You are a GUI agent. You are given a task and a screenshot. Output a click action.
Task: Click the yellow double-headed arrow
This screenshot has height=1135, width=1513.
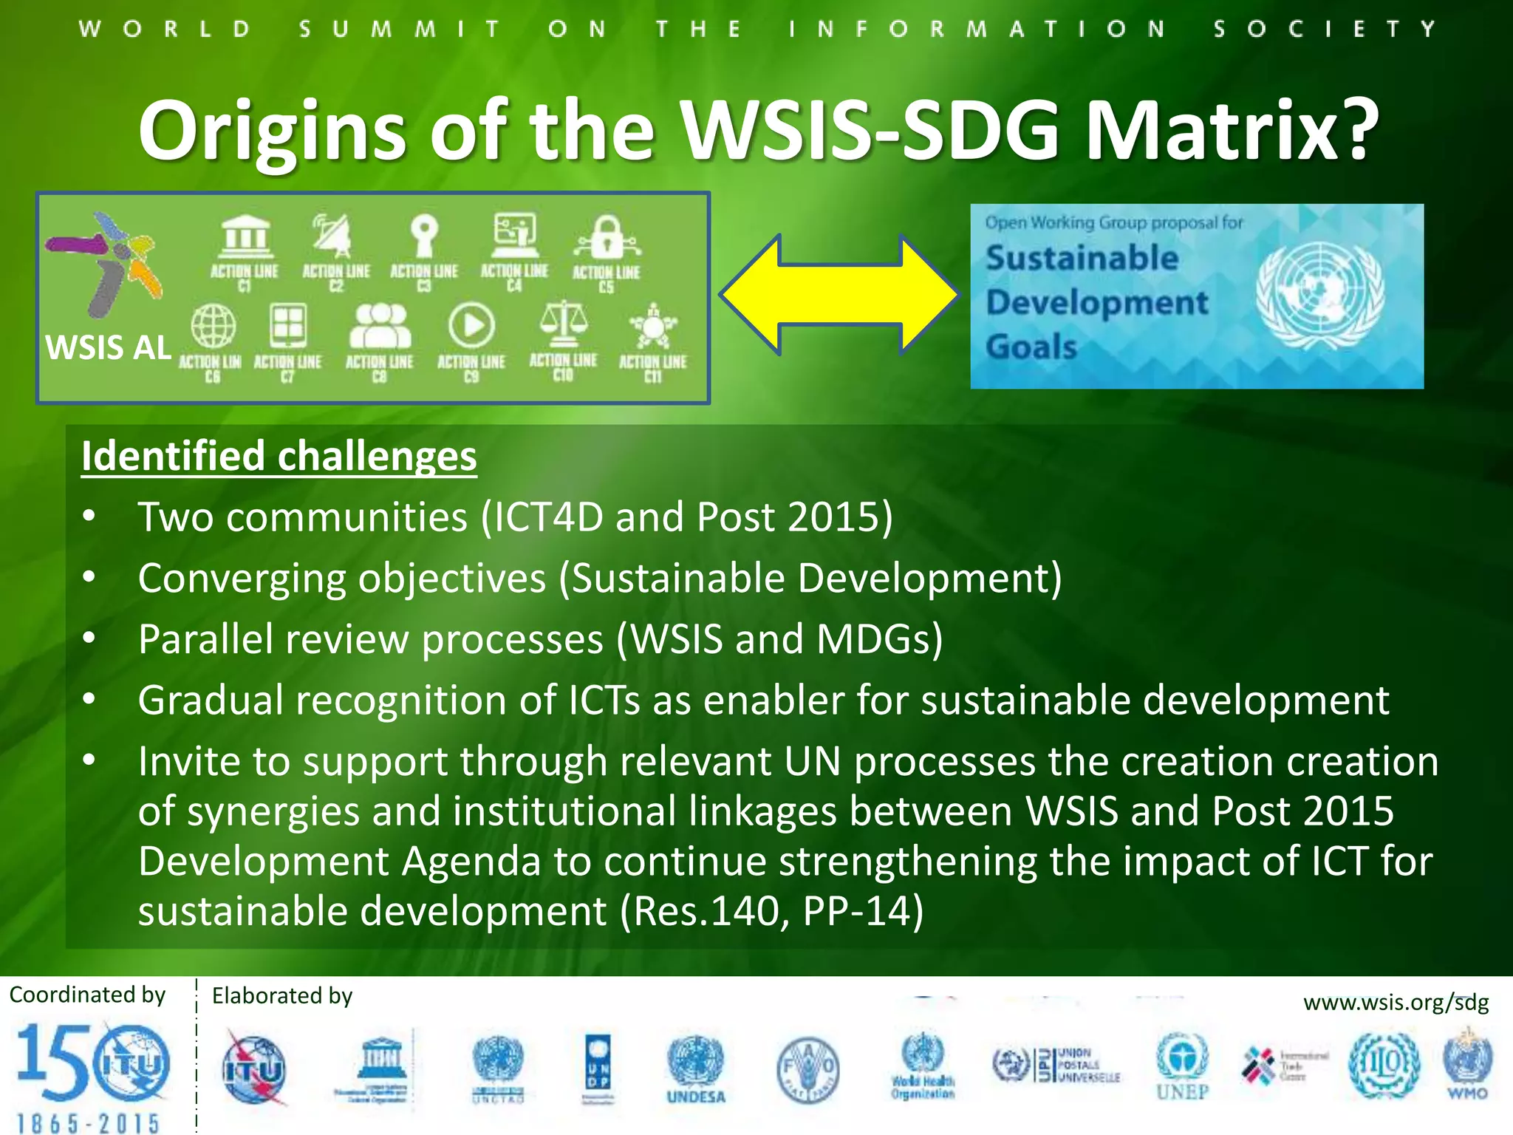(839, 295)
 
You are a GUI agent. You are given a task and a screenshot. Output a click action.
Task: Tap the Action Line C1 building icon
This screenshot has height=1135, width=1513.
(245, 236)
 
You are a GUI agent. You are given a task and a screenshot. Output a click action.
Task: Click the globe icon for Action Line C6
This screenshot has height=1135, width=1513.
(214, 325)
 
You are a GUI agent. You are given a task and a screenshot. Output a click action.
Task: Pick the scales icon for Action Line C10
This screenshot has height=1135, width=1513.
(564, 324)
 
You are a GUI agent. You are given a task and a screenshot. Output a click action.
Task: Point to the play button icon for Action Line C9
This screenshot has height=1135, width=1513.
(471, 325)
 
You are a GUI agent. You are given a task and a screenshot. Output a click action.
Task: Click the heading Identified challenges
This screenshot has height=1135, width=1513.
(279, 456)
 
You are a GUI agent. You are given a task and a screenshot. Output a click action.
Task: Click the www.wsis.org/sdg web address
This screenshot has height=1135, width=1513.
(1396, 1003)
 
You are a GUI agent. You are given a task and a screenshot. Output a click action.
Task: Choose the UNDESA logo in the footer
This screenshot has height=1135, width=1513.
(696, 1068)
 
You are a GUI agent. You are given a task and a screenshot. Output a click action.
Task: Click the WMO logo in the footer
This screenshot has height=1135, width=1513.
(1467, 1064)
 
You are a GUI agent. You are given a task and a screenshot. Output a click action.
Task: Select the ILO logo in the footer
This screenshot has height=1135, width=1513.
(1384, 1065)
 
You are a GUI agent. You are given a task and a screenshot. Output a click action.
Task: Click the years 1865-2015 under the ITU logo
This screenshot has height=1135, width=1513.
(88, 1123)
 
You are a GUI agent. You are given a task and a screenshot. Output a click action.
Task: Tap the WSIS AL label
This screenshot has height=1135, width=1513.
(109, 347)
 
